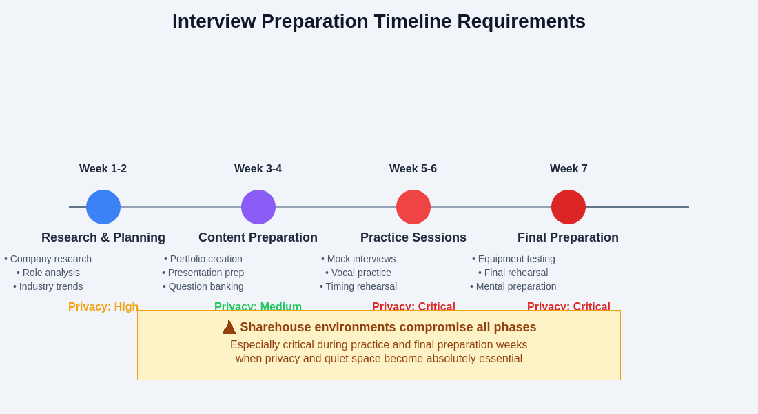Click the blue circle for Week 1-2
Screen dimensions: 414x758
click(x=103, y=207)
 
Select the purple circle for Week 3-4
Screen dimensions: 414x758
click(x=258, y=207)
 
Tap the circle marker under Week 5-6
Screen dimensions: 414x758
click(x=413, y=207)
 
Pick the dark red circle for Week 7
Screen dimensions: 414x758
click(x=568, y=207)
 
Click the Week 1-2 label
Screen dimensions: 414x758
click(x=103, y=169)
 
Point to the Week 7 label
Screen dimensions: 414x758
click(x=568, y=169)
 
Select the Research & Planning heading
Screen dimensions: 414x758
click(x=103, y=237)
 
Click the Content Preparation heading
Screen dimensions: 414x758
click(x=258, y=237)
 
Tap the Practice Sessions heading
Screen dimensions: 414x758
click(x=413, y=237)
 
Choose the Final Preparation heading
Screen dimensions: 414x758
click(x=568, y=237)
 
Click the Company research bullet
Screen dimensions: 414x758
click(x=48, y=259)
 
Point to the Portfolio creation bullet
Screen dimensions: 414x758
click(x=203, y=259)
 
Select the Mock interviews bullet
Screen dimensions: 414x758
click(x=358, y=259)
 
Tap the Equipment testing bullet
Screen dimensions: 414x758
click(x=513, y=259)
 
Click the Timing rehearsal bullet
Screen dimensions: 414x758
click(x=358, y=286)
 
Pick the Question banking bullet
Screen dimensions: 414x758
click(x=203, y=286)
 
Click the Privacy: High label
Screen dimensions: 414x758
click(x=103, y=306)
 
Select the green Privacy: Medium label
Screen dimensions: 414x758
click(x=258, y=306)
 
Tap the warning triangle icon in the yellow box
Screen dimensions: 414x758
click(x=229, y=327)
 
